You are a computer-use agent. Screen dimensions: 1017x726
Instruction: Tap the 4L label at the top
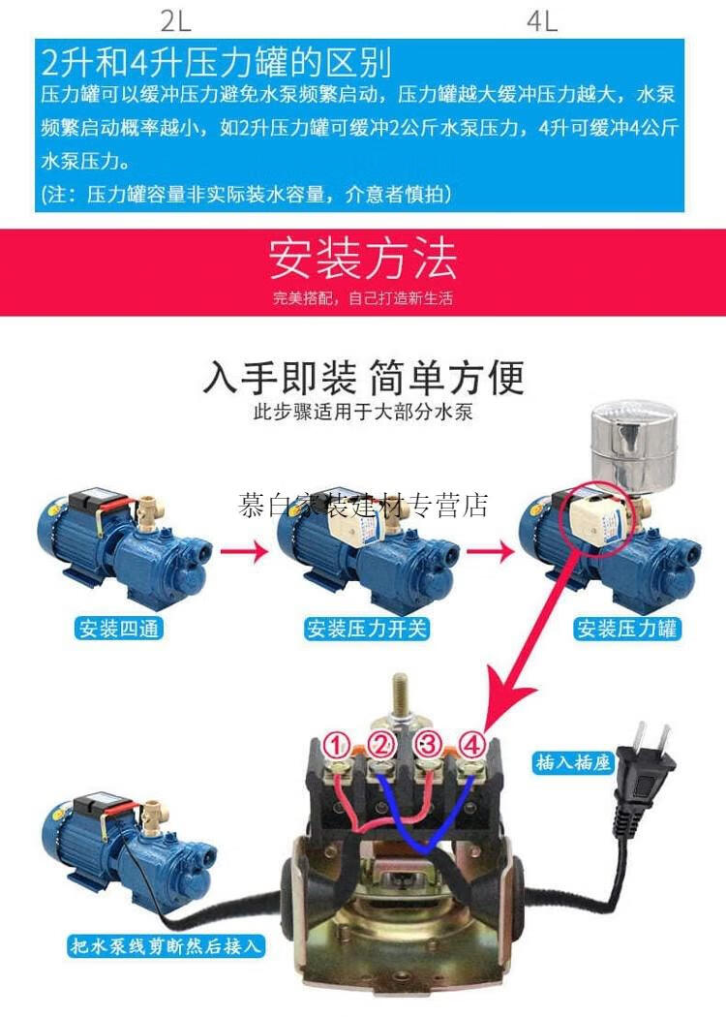tap(543, 20)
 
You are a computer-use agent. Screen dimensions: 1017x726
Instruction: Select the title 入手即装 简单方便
tap(363, 377)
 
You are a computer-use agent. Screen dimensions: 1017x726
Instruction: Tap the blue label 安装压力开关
tap(367, 629)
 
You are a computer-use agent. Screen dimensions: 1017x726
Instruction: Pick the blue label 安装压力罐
tap(628, 629)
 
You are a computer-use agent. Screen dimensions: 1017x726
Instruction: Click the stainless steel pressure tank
tap(633, 448)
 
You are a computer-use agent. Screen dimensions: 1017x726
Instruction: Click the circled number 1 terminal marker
tap(337, 746)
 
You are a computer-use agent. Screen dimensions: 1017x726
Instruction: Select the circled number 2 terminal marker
tap(381, 746)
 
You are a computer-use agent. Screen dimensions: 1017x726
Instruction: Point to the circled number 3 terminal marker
tap(428, 745)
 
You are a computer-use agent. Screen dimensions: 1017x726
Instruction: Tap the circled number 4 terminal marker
tap(471, 746)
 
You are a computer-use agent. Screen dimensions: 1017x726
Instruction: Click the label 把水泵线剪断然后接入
tap(166, 945)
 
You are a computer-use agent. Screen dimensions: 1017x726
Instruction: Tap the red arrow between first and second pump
tap(244, 552)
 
